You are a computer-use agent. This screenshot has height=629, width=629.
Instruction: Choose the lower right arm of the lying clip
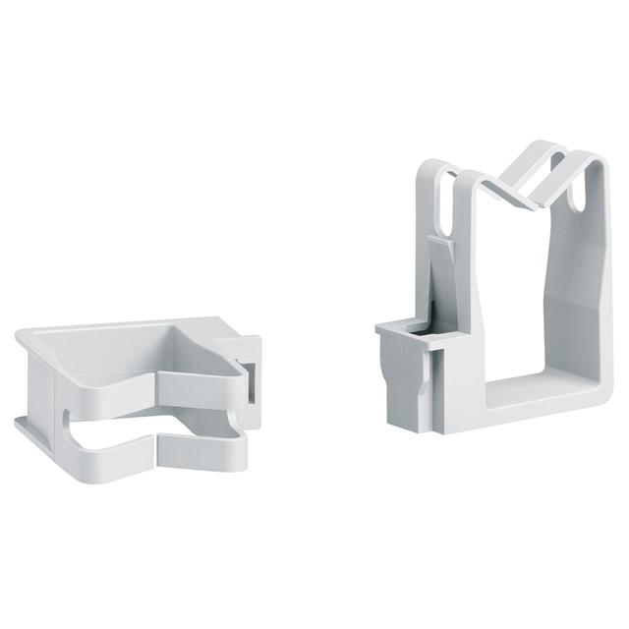tap(197, 448)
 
